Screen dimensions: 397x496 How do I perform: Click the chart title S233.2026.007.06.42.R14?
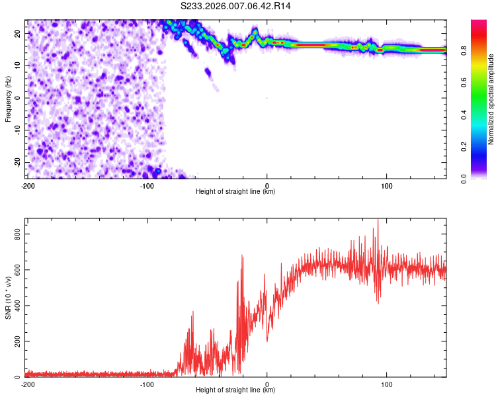click(236, 6)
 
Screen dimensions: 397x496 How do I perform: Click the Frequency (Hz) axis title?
click(8, 98)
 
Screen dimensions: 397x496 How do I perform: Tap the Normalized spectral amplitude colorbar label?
click(491, 99)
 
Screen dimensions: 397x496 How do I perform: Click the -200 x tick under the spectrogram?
click(27, 186)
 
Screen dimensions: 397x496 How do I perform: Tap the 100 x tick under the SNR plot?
click(387, 384)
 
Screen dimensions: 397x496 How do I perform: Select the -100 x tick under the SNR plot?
click(147, 384)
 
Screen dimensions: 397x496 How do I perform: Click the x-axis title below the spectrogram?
click(235, 192)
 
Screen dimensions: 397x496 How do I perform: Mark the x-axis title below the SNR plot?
click(235, 390)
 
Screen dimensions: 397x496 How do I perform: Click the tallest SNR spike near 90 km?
click(378, 220)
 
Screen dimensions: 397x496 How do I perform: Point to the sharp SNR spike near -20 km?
click(242, 256)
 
